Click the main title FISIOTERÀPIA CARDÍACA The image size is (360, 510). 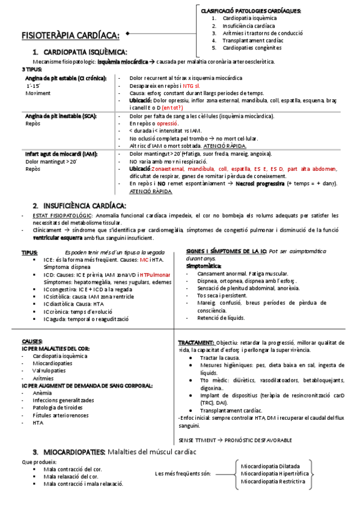71,34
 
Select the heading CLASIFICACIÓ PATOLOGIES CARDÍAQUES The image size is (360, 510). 251,11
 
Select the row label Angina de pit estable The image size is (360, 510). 66,79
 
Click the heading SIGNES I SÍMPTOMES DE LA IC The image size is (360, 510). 227,251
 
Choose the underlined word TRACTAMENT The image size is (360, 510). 195,341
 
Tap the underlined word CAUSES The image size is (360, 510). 32,340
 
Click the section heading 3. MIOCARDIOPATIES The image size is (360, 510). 69,451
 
